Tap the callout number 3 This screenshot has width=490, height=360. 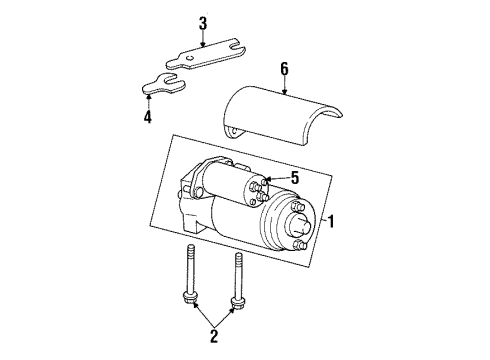203,22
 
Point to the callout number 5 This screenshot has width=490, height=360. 295,179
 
